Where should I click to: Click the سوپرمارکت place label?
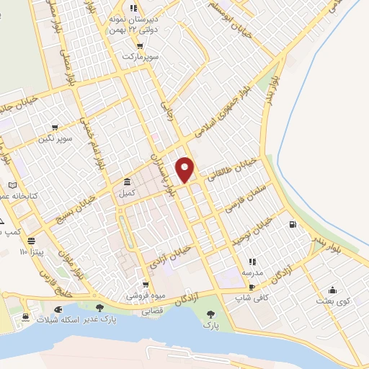[139, 55]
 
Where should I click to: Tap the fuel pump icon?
[292, 224]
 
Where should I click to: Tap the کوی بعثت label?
[332, 301]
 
